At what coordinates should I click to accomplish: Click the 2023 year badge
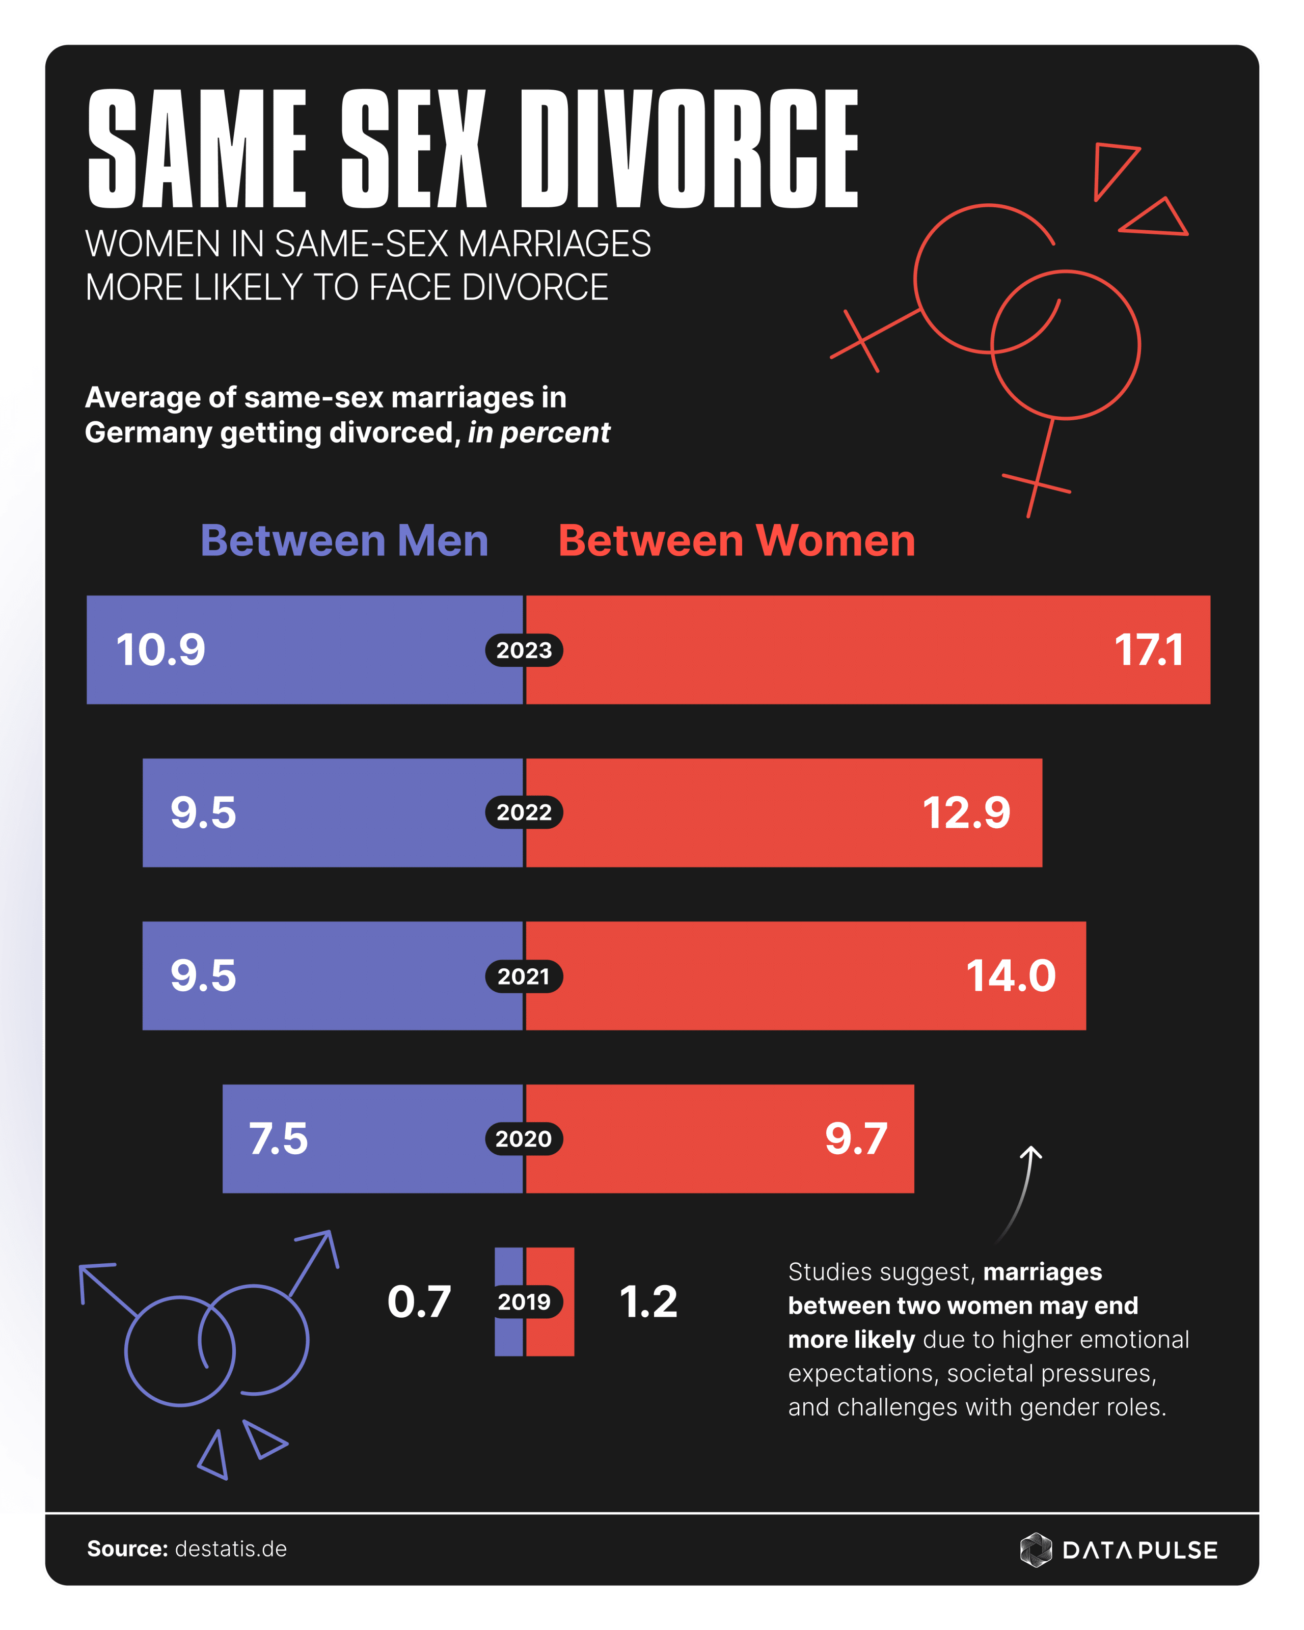click(x=524, y=650)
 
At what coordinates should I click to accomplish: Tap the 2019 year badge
click(x=524, y=1302)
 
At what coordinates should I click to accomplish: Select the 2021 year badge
click(x=524, y=976)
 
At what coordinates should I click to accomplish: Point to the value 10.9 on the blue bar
click(x=160, y=650)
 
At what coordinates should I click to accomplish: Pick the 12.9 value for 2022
click(x=966, y=813)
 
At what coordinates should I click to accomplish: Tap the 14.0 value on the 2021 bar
click(x=1011, y=976)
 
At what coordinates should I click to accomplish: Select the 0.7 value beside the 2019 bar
click(x=419, y=1302)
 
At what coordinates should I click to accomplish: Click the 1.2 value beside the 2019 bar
click(x=648, y=1302)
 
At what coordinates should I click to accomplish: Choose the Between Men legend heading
click(x=344, y=541)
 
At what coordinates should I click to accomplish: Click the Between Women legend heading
click(x=736, y=541)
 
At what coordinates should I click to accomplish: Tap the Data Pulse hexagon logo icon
click(x=1036, y=1550)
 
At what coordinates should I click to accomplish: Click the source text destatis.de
click(x=231, y=1549)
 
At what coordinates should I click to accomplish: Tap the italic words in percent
click(x=538, y=433)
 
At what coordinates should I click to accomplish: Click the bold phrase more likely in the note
click(x=851, y=1340)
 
